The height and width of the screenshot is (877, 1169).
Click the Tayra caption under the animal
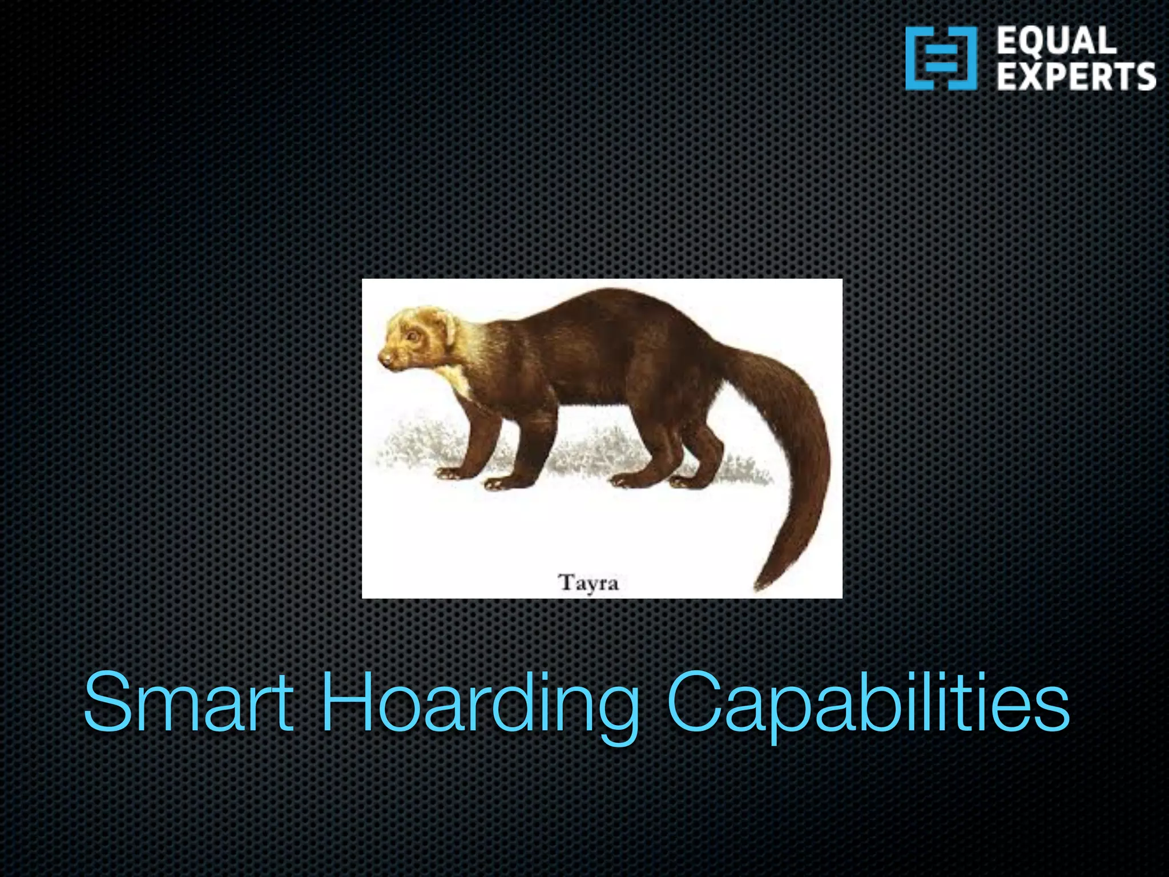(588, 583)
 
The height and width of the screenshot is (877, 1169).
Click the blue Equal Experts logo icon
(941, 58)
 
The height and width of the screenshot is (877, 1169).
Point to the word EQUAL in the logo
(1057, 41)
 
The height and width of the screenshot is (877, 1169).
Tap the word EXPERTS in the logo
(1076, 77)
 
